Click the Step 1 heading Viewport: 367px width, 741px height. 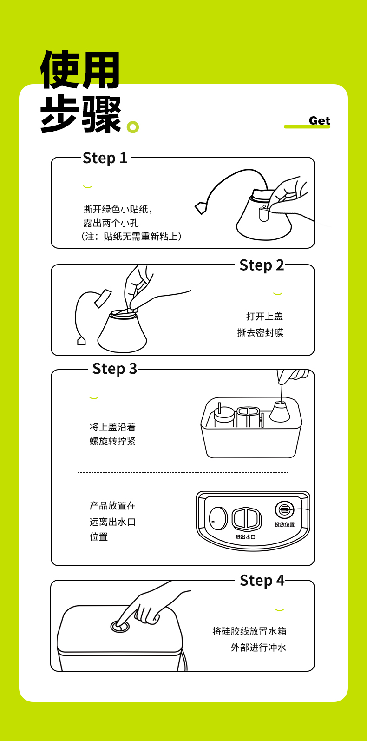[x=105, y=158]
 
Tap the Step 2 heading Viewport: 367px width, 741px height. [x=262, y=265]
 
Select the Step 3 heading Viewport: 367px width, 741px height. [x=114, y=369]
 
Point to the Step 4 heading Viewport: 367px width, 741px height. [x=262, y=581]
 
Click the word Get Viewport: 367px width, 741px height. [x=320, y=121]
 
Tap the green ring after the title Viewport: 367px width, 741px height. [x=133, y=127]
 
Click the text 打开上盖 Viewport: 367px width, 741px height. [x=264, y=317]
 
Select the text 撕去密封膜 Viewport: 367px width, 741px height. [x=260, y=332]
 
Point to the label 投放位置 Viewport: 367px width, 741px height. [x=284, y=524]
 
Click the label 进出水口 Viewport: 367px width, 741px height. [x=245, y=536]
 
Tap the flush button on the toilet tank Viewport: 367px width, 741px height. [x=120, y=626]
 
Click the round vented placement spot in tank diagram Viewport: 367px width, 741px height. [x=284, y=510]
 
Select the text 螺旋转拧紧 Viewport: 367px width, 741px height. [x=112, y=441]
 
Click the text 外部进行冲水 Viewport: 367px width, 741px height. [x=258, y=648]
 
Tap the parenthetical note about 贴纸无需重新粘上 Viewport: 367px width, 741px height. [x=131, y=237]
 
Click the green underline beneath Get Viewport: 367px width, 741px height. [x=307, y=126]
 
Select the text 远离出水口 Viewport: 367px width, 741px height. [x=112, y=522]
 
